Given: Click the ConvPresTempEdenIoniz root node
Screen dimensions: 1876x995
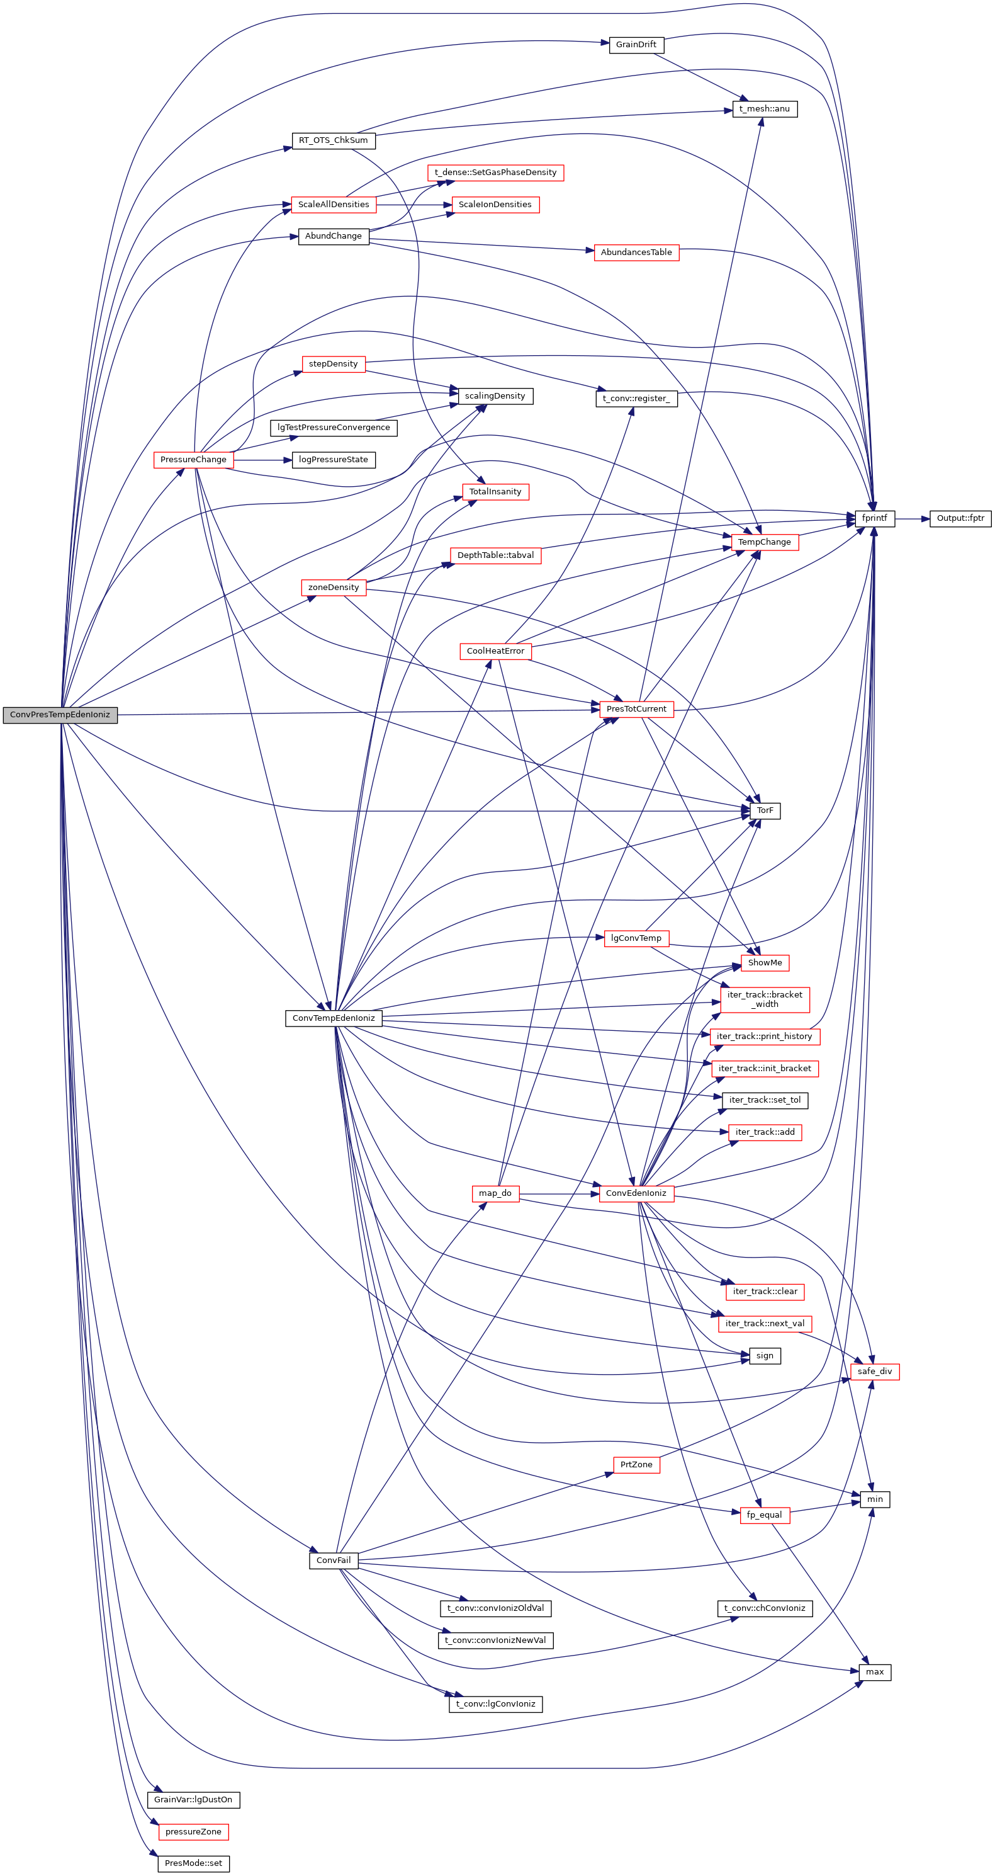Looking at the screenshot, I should (x=60, y=714).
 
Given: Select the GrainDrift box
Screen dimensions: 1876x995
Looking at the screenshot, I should (x=636, y=45).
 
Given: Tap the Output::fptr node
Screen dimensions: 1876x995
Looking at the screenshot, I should (x=959, y=518).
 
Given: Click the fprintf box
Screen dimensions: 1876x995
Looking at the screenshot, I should (x=874, y=518).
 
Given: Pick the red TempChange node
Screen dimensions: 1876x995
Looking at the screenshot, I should (x=763, y=542).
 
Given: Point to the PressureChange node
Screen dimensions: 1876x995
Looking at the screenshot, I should (x=193, y=460).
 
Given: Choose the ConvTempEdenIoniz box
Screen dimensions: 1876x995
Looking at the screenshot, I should (x=334, y=1018).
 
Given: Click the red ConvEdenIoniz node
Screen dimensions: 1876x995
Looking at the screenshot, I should (x=636, y=1193).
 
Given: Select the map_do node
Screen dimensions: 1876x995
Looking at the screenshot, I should (x=495, y=1193).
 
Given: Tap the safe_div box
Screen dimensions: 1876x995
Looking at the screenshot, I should (x=874, y=1372).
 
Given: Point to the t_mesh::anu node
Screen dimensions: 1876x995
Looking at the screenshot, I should (x=764, y=109).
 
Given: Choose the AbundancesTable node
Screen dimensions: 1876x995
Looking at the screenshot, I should (x=636, y=252).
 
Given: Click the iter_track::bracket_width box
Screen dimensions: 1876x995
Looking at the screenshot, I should (x=764, y=999).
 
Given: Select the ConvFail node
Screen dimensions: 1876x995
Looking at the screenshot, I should (x=334, y=1560).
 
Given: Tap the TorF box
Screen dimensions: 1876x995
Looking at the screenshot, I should (x=764, y=810).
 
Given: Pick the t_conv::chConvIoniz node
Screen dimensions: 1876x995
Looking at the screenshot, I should (x=764, y=1608).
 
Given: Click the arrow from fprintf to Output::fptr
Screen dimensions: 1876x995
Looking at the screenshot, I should (x=912, y=518).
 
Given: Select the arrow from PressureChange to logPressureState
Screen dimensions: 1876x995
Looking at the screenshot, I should (x=262, y=460).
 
